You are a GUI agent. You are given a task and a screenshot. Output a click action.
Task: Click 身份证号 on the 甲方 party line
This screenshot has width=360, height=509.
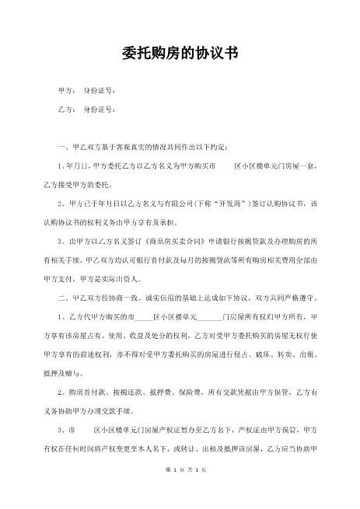(96, 91)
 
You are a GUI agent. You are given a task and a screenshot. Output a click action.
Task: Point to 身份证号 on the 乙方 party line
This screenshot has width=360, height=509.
(96, 110)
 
